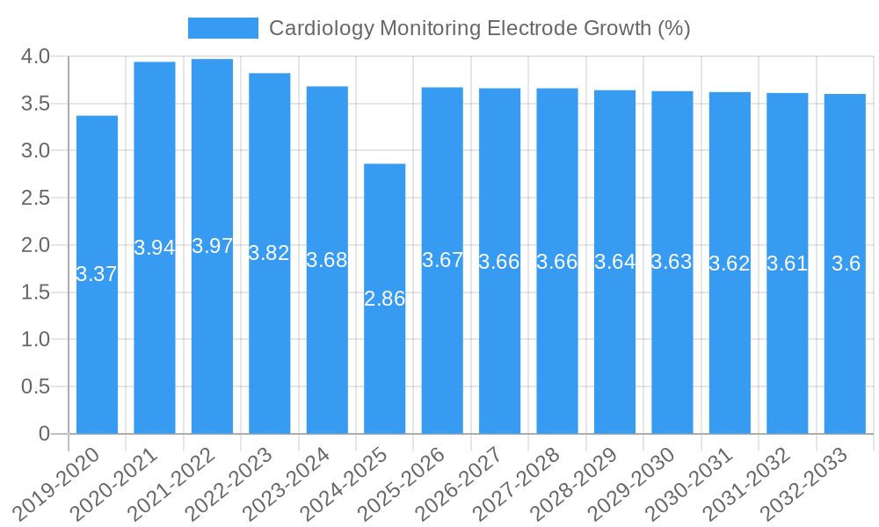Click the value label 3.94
click(155, 248)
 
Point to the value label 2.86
click(385, 299)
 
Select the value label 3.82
click(269, 253)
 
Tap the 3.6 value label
click(846, 263)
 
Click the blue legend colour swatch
click(223, 28)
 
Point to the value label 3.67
click(442, 260)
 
